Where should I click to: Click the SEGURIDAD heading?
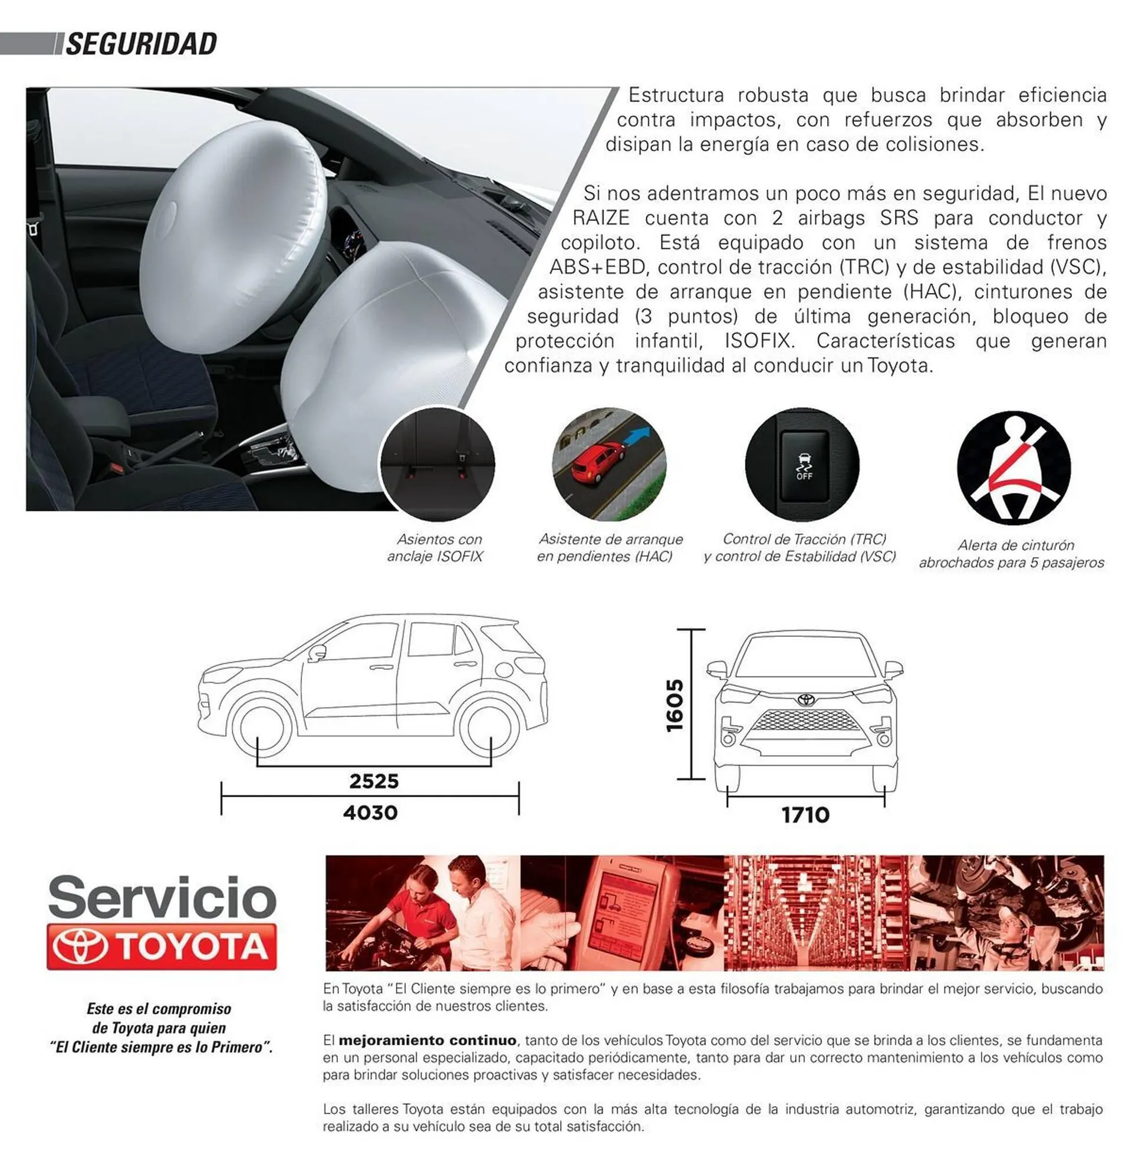tap(141, 45)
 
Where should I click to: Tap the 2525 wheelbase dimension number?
tap(373, 781)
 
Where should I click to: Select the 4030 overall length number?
tap(370, 813)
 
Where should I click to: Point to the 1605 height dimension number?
tap(675, 706)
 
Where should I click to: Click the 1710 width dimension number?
tap(805, 815)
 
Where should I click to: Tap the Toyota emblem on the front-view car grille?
tap(806, 700)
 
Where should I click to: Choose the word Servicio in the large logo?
tap(162, 897)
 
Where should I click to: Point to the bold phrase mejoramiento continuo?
tap(427, 1040)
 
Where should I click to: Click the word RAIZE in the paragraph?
tap(601, 218)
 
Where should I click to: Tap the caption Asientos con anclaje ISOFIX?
tap(436, 548)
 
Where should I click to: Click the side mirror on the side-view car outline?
tap(317, 652)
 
